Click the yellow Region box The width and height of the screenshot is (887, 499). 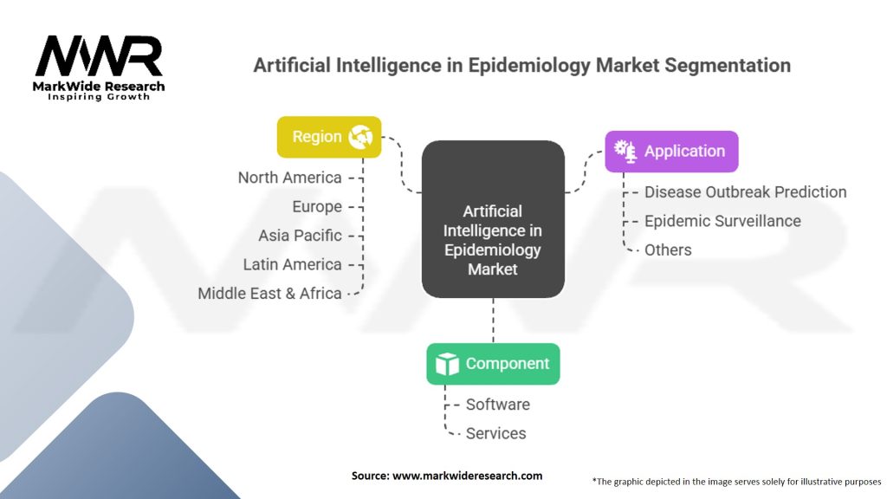point(328,137)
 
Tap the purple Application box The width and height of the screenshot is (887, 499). point(671,151)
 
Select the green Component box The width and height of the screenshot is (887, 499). point(493,364)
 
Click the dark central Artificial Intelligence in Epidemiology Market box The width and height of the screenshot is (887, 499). point(493,220)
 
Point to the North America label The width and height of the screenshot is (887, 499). point(289,178)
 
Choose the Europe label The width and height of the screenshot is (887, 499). point(317,207)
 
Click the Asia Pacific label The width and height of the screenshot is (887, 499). point(300,236)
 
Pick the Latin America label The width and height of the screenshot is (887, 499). point(292,264)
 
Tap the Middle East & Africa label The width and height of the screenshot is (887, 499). point(269,293)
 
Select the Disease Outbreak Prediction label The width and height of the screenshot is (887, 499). point(745,192)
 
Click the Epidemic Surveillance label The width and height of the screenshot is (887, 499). point(722,221)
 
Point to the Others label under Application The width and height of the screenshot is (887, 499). point(668,249)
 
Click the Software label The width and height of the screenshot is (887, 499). point(497,405)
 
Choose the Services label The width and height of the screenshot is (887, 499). point(495,433)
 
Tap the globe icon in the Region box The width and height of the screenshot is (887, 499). point(359,137)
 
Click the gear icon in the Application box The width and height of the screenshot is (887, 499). point(625,151)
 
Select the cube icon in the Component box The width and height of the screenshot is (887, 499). point(447,364)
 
